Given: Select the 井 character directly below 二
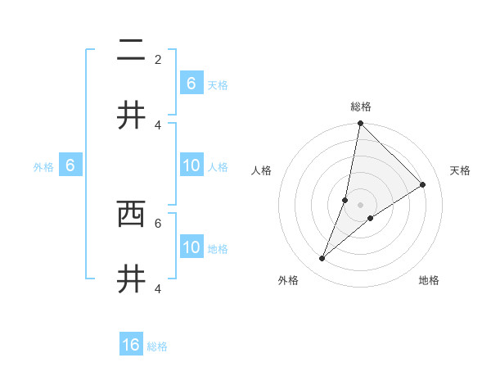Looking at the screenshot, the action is point(131,115).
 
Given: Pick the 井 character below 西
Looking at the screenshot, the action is point(131,279).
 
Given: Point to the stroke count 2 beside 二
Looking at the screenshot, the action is point(158,59).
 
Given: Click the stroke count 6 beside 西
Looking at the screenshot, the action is point(158,222).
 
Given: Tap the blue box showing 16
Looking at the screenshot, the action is point(131,345).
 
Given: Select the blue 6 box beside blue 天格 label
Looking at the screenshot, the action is point(191,83).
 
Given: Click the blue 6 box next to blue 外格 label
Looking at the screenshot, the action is point(70,165).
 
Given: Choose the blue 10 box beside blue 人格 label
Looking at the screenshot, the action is point(191,165).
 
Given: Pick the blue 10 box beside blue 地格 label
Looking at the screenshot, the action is point(191,247).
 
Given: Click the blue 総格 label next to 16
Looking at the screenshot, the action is point(157,346).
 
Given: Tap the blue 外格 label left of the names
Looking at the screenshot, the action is point(43,167).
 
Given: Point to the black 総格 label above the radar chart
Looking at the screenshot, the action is point(361,106).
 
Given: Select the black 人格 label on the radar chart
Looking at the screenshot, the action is point(262,170).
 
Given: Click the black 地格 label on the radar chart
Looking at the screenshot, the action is point(429,280).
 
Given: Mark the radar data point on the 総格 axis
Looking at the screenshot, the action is point(360,124).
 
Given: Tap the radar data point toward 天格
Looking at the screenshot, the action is point(423,185).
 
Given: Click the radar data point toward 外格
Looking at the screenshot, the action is point(322,259).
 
